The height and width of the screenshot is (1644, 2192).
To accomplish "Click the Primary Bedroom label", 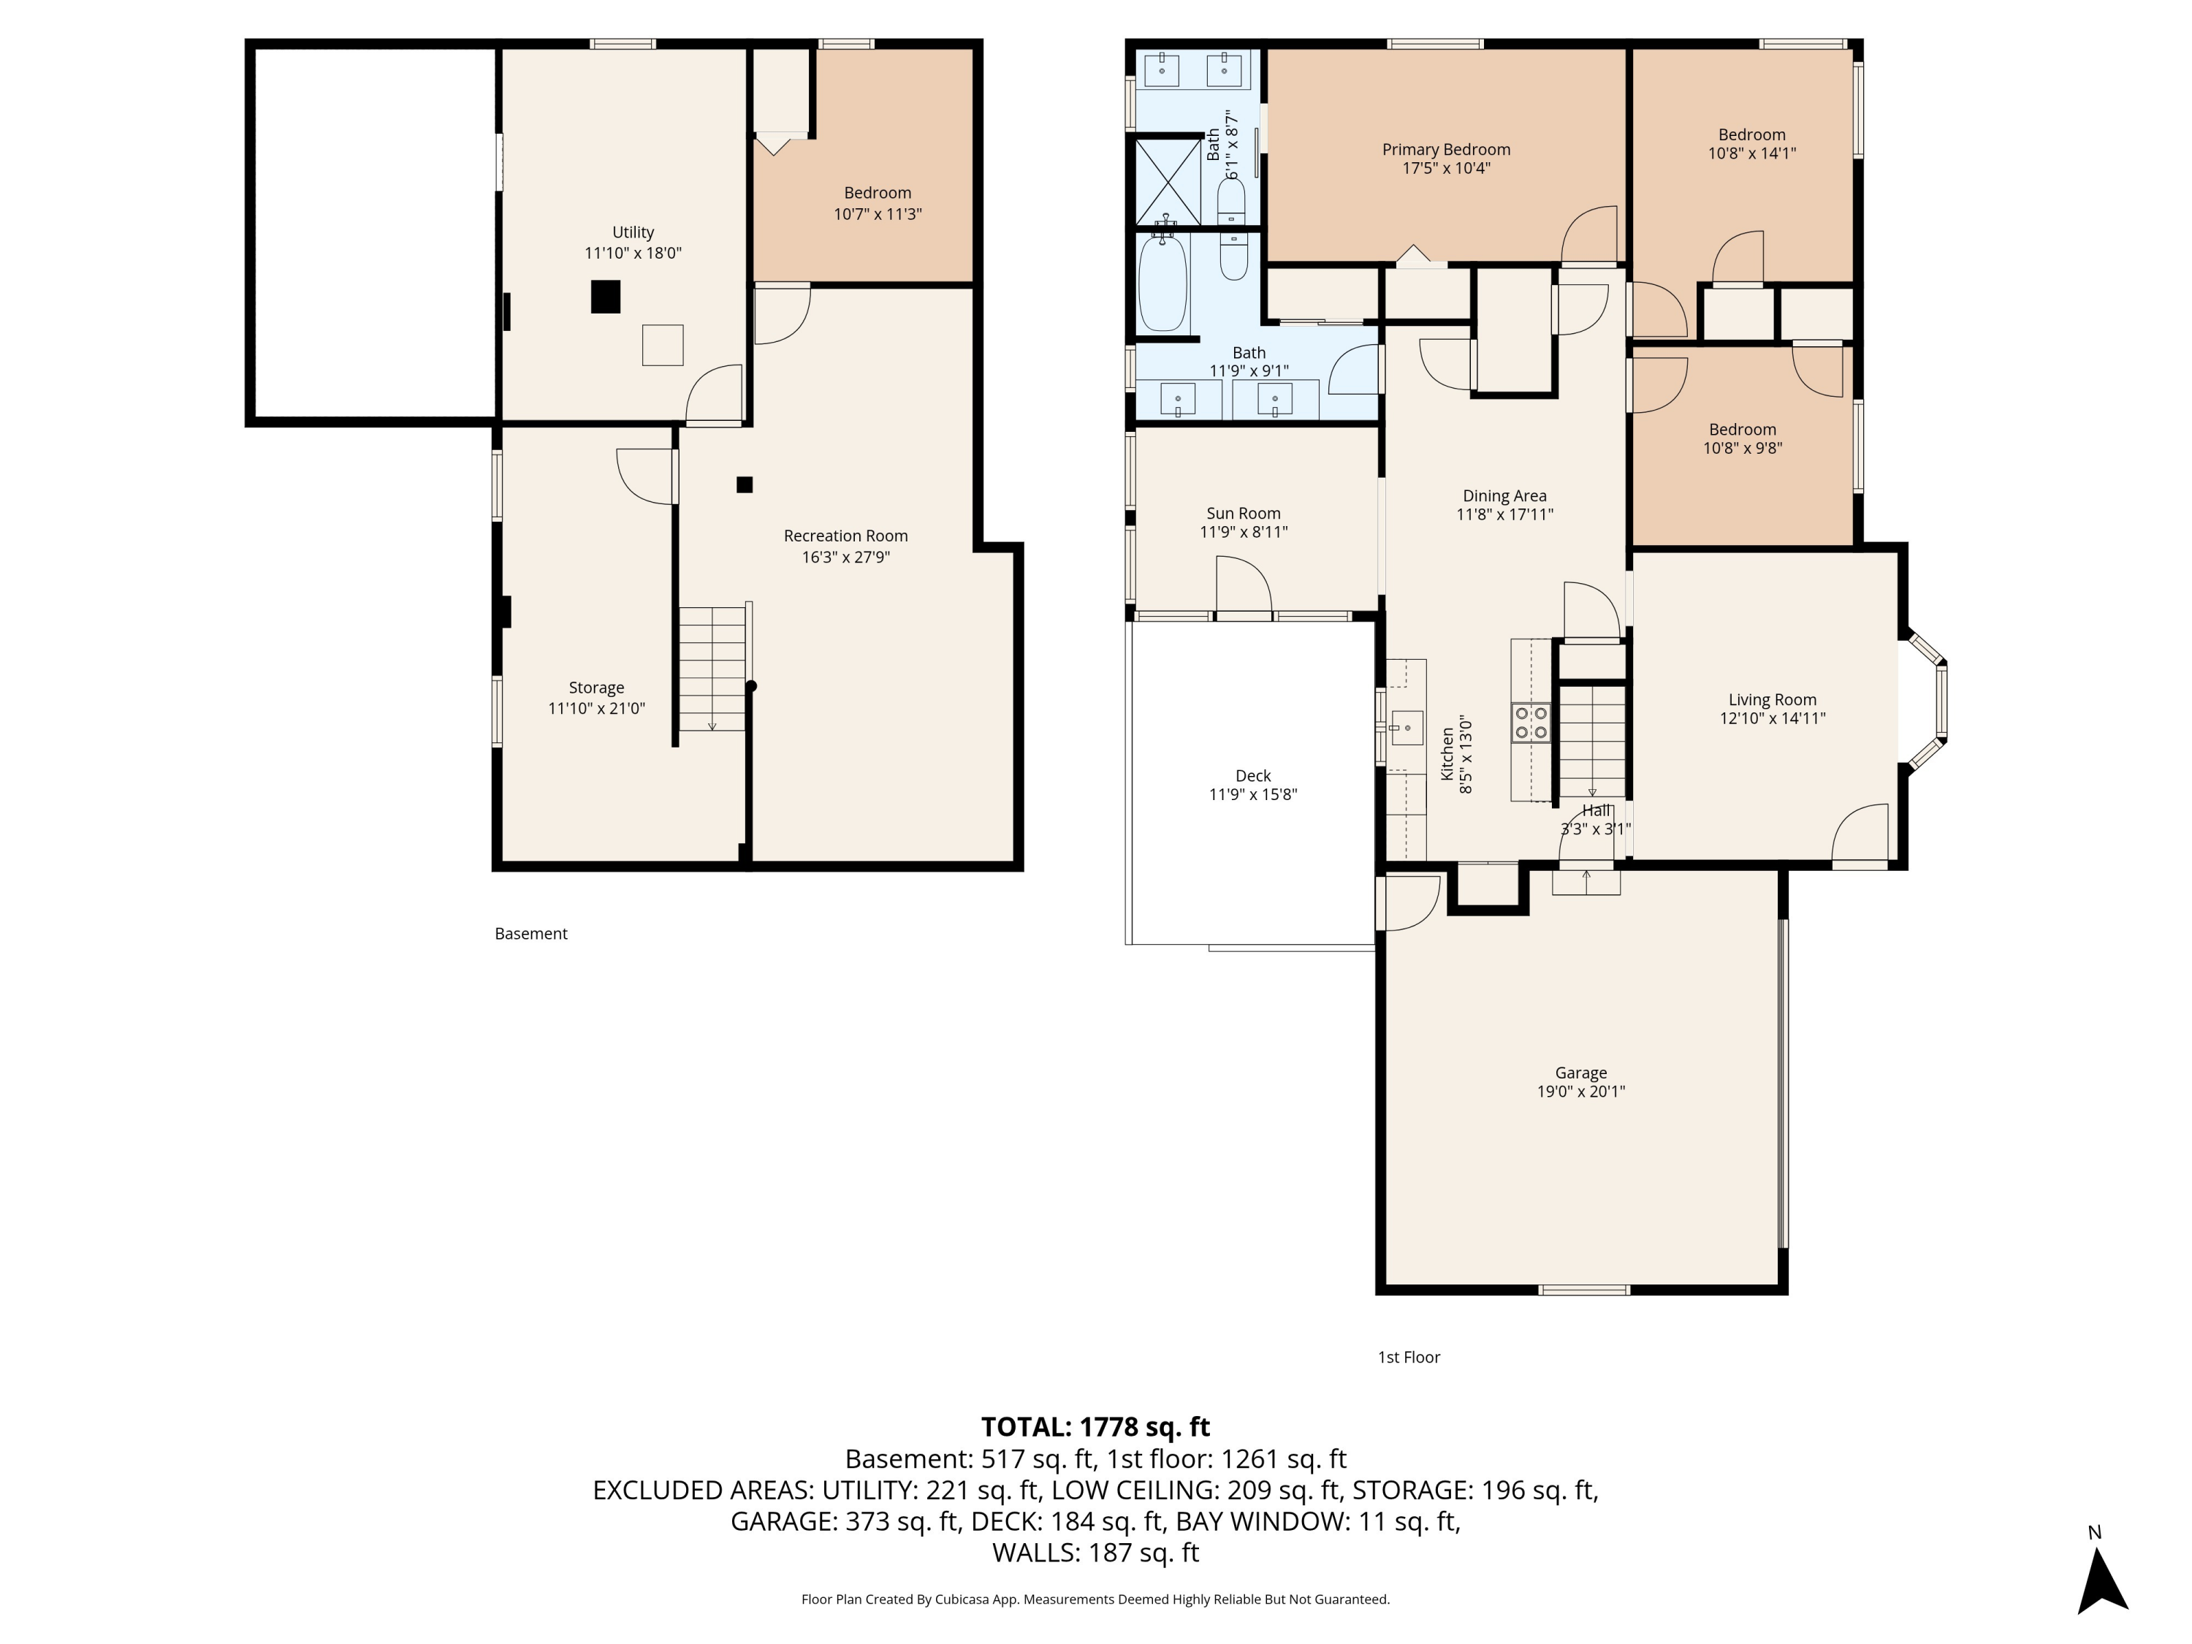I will [1446, 150].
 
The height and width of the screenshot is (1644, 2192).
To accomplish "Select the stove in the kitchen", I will [1530, 723].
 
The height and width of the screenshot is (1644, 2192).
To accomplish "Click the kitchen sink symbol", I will [1407, 728].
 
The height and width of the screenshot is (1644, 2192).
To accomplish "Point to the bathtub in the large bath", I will [1162, 283].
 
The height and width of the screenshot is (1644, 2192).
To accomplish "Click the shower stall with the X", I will [1168, 183].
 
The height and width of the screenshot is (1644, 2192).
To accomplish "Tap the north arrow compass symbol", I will [2102, 1580].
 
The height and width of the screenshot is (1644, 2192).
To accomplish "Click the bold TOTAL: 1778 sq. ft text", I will [1095, 1427].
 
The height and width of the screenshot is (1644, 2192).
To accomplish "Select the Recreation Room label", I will [845, 536].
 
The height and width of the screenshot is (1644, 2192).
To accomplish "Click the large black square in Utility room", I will [606, 297].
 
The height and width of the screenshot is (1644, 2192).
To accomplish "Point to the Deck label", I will [1252, 776].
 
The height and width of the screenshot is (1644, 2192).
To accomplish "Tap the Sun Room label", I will [1243, 514].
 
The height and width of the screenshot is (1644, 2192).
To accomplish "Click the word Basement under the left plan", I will [531, 934].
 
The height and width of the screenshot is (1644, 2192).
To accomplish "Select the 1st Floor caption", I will [1408, 1357].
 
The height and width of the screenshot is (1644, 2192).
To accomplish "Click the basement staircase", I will [712, 669].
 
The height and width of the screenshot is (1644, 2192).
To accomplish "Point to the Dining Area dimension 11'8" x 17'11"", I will [1504, 514].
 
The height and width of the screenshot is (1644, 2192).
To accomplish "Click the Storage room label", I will [595, 688].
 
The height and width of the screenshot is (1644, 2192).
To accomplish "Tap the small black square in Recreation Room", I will [745, 484].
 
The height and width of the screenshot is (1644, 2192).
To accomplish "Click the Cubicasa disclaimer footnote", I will [1095, 1599].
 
